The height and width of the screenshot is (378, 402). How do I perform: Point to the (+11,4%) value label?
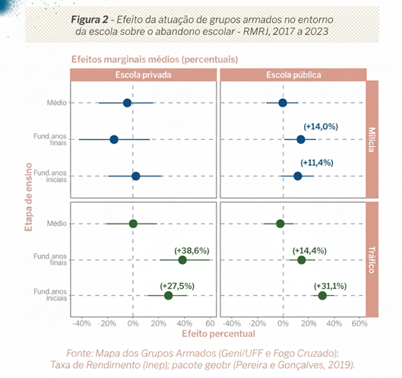(x=317, y=163)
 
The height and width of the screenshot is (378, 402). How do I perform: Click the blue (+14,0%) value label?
(x=321, y=126)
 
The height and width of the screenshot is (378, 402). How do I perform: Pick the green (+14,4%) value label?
(x=309, y=249)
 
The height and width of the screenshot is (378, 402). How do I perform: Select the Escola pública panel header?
(x=293, y=76)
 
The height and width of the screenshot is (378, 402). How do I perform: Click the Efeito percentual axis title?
(x=217, y=332)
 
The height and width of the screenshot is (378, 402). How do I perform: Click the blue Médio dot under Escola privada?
(x=127, y=103)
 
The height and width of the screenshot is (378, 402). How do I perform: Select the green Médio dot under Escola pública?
(x=280, y=224)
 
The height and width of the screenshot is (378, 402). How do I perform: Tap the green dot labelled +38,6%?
(x=182, y=260)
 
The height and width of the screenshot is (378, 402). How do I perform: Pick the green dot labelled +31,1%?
(x=322, y=296)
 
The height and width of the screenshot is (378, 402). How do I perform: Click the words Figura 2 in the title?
(x=93, y=18)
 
